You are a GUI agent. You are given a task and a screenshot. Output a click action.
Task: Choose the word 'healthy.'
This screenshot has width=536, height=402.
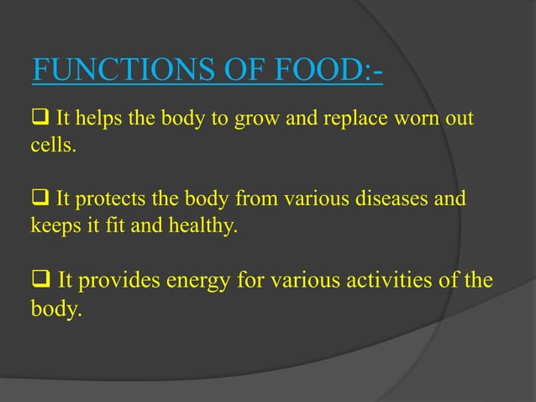pos(194,226)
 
